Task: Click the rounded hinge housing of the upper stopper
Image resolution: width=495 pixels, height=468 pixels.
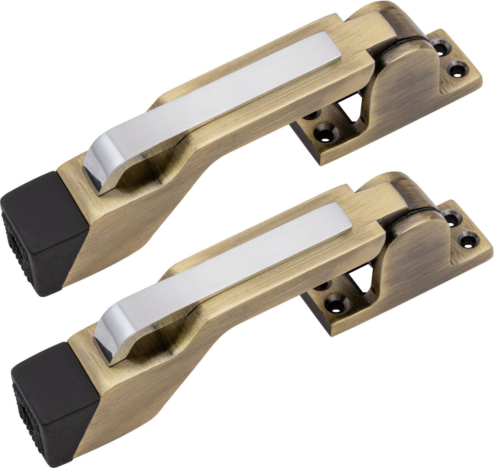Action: click(x=407, y=83)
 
